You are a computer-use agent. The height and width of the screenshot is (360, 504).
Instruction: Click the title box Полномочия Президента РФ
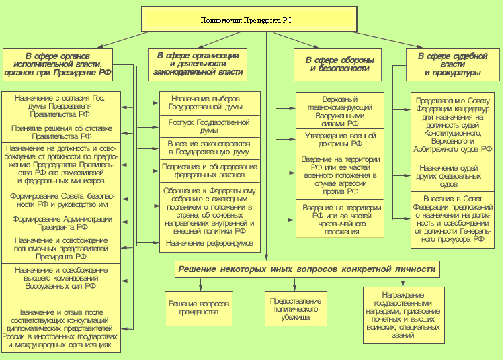coord(249,19)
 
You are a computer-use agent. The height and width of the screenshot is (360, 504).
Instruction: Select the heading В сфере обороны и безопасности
coord(337,64)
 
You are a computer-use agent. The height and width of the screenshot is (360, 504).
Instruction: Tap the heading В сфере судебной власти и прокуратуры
coord(452,64)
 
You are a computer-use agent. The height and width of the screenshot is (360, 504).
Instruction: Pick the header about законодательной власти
coord(198,64)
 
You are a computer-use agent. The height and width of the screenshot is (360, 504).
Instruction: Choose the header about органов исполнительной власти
coord(58,64)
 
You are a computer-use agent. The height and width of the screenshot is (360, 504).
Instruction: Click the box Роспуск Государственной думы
coord(210,126)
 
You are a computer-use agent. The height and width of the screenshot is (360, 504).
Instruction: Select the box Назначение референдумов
coord(210,244)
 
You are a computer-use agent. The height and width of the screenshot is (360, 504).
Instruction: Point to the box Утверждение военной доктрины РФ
coord(340,140)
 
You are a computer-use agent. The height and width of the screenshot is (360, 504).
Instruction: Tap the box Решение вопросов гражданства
coord(199,308)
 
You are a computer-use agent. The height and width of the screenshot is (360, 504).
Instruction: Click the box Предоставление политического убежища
coord(296,308)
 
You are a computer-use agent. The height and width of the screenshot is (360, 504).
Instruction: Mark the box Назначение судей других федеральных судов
coord(452,177)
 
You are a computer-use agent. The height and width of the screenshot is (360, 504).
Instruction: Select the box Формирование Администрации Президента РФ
coord(61,223)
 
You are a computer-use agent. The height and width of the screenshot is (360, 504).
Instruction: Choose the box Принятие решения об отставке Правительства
coord(61,132)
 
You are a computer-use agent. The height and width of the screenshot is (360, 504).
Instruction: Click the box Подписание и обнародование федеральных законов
coord(210,171)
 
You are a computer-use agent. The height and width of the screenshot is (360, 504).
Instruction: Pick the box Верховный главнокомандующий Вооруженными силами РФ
coord(340,111)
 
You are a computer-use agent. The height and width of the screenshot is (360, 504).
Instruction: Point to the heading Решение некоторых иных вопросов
coord(307,269)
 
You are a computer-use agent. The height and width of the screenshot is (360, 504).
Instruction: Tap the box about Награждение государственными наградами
coord(404,315)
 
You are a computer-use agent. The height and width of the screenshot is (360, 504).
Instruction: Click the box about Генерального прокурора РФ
coord(452,220)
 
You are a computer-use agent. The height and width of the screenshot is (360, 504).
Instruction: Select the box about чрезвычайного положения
coord(340,219)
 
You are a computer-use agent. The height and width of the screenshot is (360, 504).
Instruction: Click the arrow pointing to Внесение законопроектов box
coord(148,148)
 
